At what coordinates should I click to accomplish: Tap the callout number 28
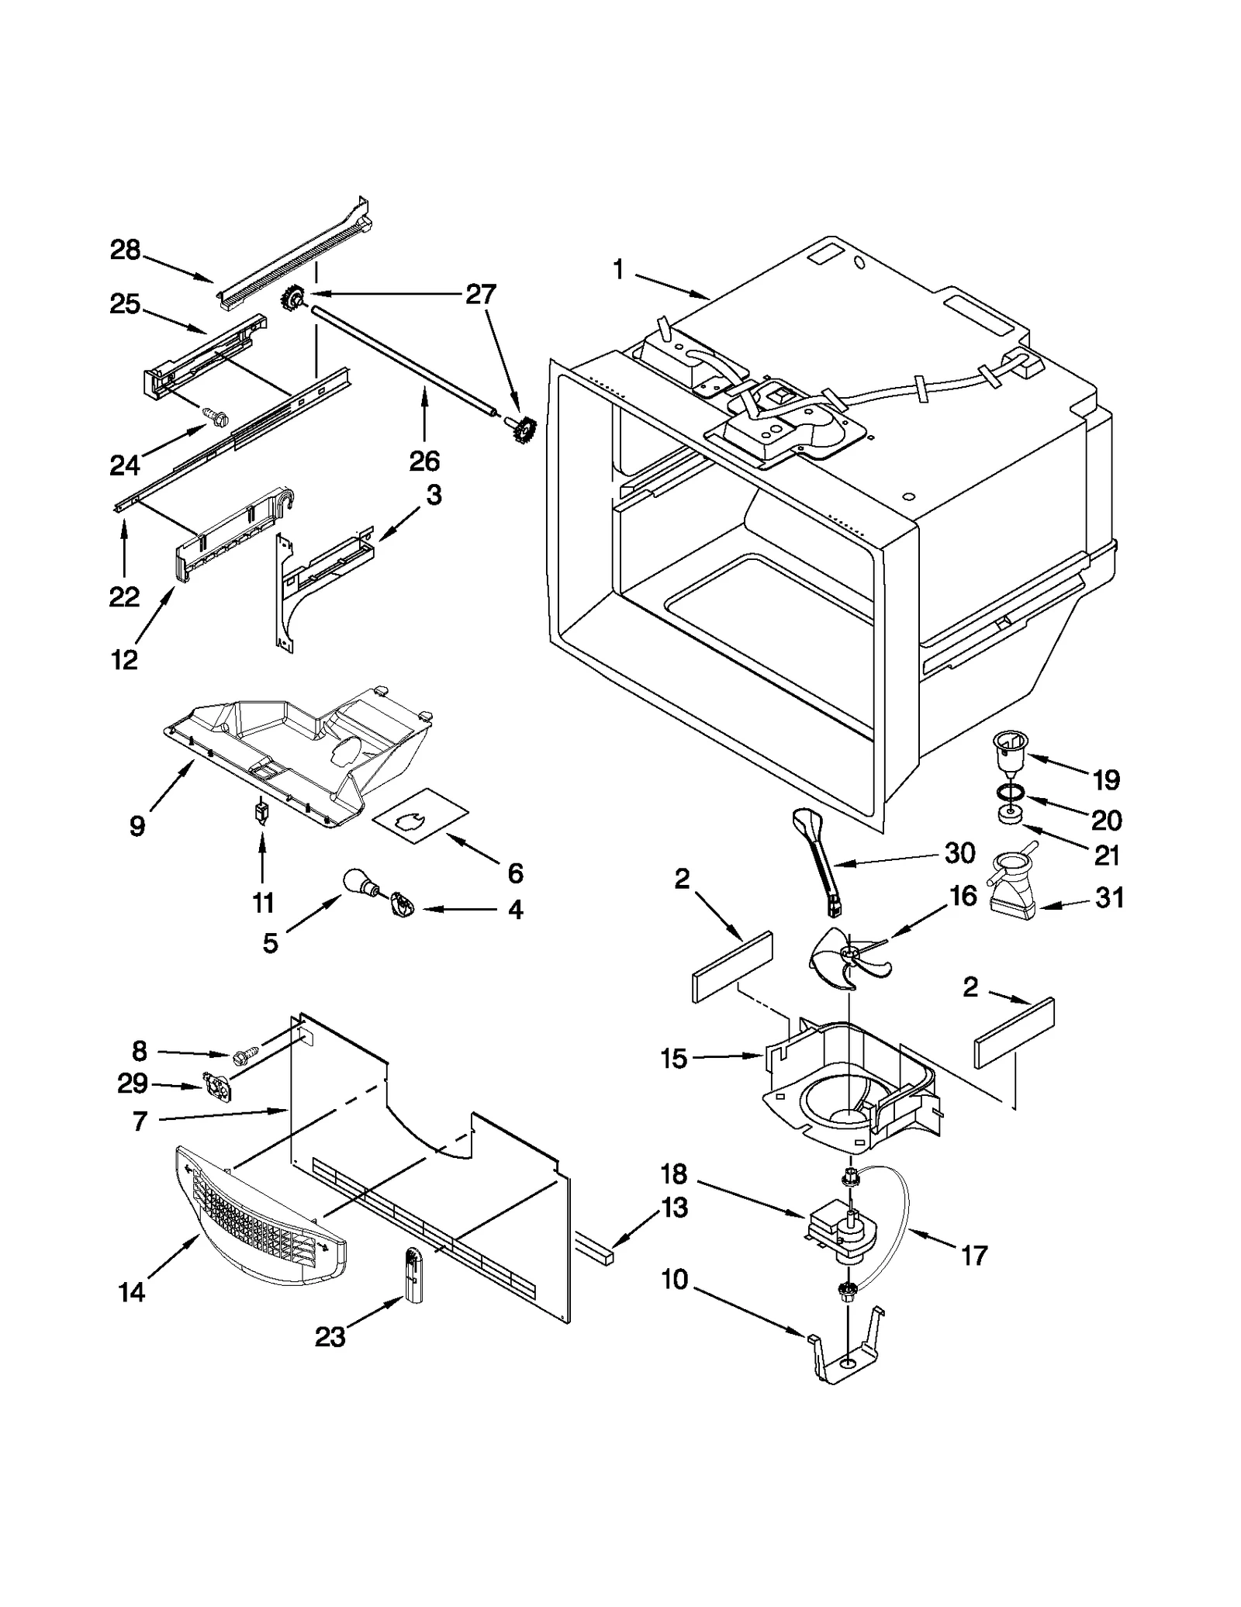[x=125, y=251]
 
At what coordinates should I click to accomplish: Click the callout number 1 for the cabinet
[x=617, y=271]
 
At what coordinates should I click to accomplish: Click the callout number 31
[x=1109, y=898]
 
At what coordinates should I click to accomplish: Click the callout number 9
[x=137, y=826]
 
